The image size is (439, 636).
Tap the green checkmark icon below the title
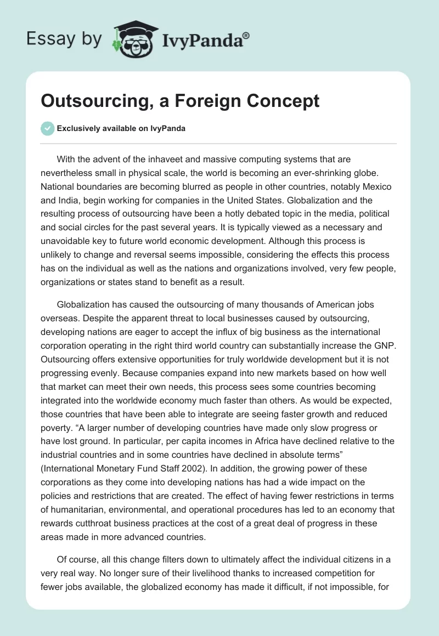pos(47,129)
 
